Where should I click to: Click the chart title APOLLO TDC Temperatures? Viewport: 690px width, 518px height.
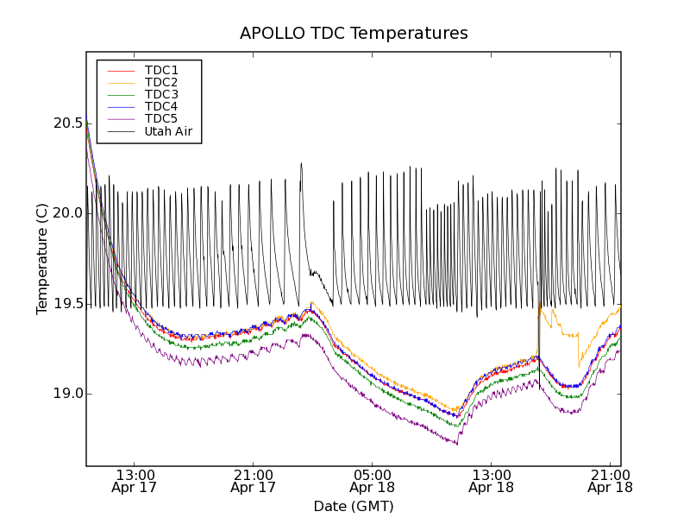[354, 34]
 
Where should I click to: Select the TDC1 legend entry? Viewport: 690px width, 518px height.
[161, 70]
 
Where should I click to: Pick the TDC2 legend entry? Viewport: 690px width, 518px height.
[161, 82]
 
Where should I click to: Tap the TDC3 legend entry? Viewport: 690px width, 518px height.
[161, 94]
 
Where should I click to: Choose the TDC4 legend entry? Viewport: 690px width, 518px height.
[161, 106]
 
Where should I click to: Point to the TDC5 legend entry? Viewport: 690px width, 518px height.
[161, 118]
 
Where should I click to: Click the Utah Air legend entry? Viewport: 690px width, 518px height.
[168, 132]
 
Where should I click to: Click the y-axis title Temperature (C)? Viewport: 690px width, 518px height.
[42, 259]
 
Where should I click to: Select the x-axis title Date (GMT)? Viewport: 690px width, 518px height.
[354, 506]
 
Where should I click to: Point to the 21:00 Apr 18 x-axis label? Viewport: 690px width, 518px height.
[610, 480]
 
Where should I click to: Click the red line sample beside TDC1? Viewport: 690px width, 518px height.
[120, 70]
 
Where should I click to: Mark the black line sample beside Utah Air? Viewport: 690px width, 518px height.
[120, 132]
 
